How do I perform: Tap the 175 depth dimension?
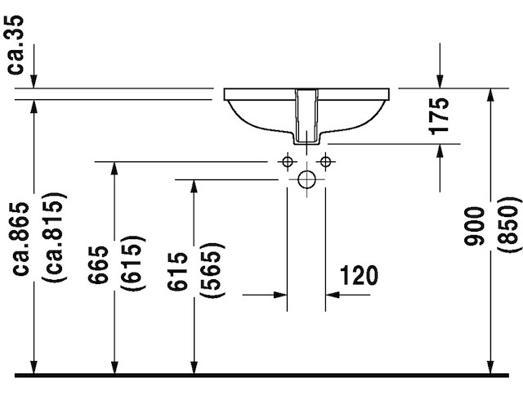[x=440, y=115]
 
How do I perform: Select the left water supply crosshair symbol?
[x=287, y=160]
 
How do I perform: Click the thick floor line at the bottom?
[x=261, y=376]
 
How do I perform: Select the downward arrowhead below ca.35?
[x=34, y=80]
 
